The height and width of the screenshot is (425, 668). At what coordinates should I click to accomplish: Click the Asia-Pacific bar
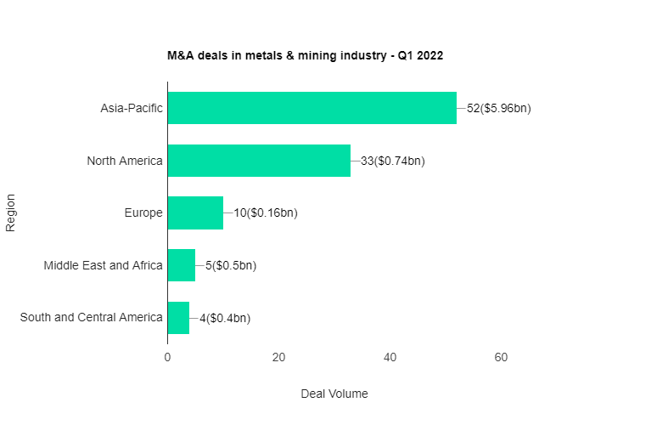(x=312, y=108)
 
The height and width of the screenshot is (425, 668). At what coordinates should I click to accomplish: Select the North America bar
(x=259, y=161)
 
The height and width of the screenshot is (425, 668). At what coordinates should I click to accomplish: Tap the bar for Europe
(x=195, y=212)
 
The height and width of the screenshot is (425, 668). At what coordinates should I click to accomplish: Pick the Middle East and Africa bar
(x=181, y=265)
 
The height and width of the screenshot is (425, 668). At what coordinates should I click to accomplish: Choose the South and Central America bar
(x=178, y=318)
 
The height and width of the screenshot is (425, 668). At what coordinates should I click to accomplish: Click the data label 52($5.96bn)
(x=499, y=108)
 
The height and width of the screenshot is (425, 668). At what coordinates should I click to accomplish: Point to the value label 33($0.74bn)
(x=393, y=161)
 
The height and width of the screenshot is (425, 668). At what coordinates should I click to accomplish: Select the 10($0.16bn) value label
(x=266, y=212)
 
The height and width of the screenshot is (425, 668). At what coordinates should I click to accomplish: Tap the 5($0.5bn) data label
(x=231, y=265)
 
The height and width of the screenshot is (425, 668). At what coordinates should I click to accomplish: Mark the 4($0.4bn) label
(x=225, y=318)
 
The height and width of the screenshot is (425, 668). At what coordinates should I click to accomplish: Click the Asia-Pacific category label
(x=132, y=108)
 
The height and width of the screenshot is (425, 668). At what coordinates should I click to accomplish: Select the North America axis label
(x=125, y=161)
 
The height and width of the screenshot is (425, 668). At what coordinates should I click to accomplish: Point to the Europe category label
(x=143, y=212)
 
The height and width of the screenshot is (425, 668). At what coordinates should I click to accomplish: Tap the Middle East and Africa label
(x=103, y=265)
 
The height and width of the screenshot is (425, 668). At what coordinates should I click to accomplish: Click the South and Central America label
(x=91, y=318)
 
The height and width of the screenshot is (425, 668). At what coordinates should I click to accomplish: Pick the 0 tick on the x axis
(x=167, y=358)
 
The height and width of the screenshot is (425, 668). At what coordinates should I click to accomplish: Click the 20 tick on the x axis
(x=278, y=358)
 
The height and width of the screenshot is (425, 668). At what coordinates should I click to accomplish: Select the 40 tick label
(x=390, y=358)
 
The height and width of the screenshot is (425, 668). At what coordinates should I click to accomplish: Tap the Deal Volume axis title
(x=334, y=394)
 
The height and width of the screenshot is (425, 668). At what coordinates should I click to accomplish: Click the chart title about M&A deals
(x=306, y=55)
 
